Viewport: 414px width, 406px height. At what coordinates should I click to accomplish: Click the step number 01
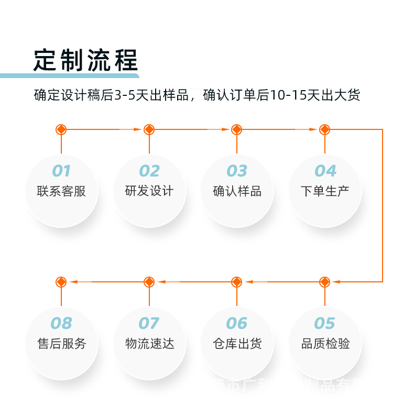pos(61,171)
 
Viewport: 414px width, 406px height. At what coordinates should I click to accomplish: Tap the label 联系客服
pos(61,191)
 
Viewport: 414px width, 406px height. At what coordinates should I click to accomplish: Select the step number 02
pos(149,171)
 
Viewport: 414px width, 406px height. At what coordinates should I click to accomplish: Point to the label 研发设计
pos(149,191)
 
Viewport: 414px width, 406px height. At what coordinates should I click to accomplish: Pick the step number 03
pos(237,171)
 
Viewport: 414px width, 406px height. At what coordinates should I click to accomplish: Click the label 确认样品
pos(237,191)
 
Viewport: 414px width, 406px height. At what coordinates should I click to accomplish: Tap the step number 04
pos(325,171)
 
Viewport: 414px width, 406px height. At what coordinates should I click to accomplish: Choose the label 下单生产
pos(325,191)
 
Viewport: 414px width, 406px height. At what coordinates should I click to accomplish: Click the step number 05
pos(325,323)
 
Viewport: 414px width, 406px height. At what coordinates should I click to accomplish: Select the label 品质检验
pos(325,344)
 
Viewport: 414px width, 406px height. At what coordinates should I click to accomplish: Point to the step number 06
pos(237,323)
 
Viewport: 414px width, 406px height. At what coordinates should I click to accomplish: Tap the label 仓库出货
pos(237,344)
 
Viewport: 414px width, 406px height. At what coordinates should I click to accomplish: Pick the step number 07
pos(149,323)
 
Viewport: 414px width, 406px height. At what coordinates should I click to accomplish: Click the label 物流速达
pos(149,344)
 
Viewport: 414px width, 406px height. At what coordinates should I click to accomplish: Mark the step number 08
pos(61,323)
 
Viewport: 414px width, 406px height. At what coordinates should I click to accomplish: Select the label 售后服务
pos(61,344)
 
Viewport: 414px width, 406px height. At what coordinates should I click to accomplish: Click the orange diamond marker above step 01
pos(61,129)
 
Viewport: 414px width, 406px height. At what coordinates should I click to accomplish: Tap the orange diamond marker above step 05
pos(325,282)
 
